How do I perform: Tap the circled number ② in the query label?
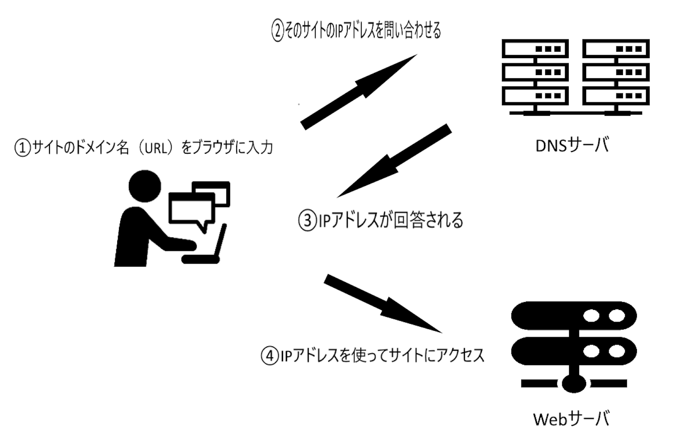[x=277, y=31]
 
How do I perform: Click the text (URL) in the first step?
[x=155, y=148]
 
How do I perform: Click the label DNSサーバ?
[x=572, y=145]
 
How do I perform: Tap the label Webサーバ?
[x=571, y=419]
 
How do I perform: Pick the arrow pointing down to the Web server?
[x=382, y=304]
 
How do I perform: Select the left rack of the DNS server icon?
[x=535, y=74]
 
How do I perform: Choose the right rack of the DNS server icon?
[x=616, y=74]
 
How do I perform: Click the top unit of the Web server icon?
[x=574, y=316]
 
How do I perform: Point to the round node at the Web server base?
[x=574, y=383]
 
